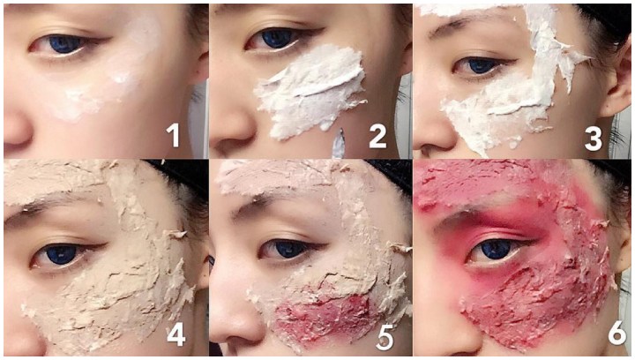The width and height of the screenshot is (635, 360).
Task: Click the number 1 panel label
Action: [x=173, y=135]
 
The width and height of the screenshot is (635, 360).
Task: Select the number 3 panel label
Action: [x=594, y=139]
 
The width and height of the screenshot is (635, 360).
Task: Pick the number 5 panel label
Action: [x=384, y=336]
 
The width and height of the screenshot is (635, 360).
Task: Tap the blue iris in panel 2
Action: [x=277, y=39]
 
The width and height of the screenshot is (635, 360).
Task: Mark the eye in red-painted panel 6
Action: [x=494, y=251]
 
